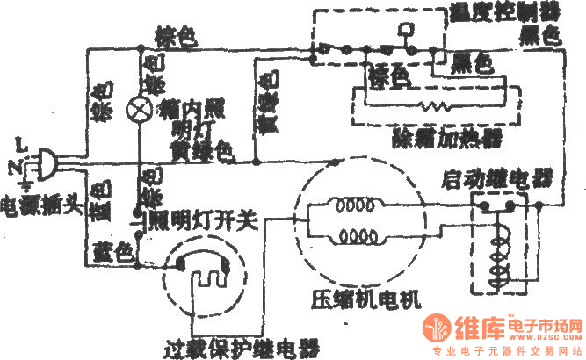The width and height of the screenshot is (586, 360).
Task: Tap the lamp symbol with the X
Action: pyautogui.click(x=139, y=108)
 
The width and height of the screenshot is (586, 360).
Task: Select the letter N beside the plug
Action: pyautogui.click(x=13, y=164)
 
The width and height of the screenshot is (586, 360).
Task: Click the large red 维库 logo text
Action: pyautogui.click(x=480, y=329)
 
